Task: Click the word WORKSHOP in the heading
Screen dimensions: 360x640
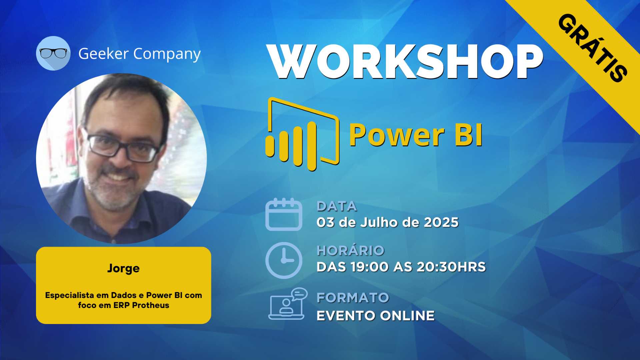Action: click(405, 62)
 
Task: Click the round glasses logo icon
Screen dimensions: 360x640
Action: click(53, 53)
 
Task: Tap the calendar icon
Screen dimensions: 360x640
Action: click(284, 214)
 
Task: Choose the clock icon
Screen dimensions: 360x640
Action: click(284, 260)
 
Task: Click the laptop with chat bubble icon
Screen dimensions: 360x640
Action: click(288, 304)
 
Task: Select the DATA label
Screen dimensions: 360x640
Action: click(337, 206)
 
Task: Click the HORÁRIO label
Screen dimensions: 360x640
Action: click(350, 250)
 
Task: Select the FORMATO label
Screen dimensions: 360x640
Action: click(353, 298)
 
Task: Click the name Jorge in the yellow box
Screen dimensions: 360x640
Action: click(123, 268)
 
